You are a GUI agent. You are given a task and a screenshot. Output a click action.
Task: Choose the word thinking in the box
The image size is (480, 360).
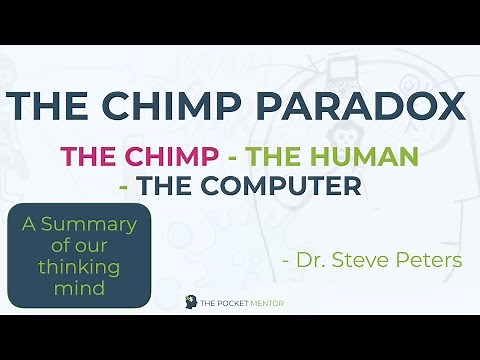tap(79, 269)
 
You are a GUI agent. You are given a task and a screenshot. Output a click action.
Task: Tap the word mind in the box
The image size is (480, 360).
tap(79, 290)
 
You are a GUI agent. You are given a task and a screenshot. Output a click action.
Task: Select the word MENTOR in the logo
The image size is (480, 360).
tap(279, 302)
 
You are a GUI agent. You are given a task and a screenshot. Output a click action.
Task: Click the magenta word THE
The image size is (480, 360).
tap(84, 157)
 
